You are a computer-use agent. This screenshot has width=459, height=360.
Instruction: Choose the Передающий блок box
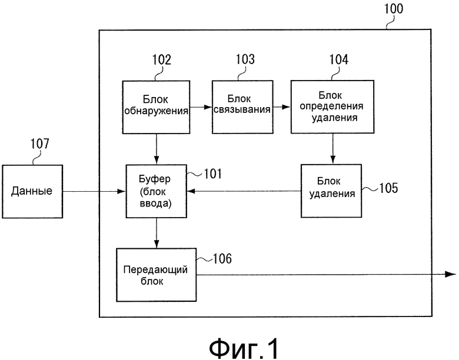155,274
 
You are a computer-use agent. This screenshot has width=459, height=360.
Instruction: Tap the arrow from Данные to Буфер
94,192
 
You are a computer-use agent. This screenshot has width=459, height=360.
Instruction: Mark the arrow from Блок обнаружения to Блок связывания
201,107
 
